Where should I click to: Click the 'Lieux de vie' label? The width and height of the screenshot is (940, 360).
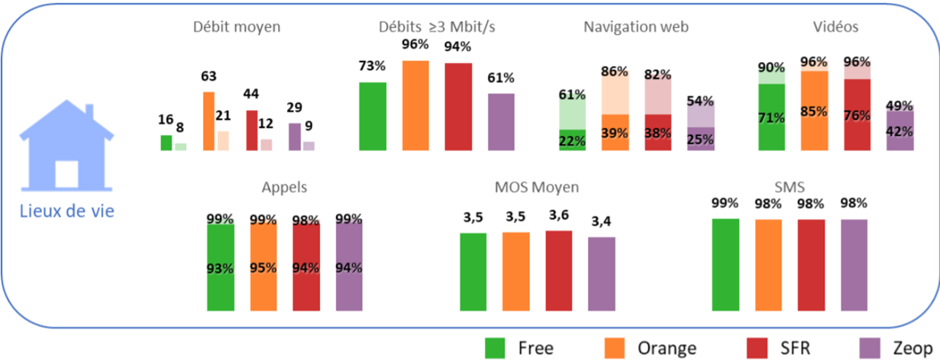pos(67,211)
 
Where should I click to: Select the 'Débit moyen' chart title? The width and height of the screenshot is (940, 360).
pos(236,27)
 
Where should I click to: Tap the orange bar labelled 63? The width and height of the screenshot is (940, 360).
pos(209,121)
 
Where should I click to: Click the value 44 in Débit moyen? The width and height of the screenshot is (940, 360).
pos(251,94)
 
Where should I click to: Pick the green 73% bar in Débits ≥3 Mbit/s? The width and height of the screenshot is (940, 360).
pos(372,116)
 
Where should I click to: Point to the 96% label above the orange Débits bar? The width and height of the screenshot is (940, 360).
pos(415,45)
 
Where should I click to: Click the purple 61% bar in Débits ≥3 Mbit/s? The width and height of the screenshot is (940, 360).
pos(501,122)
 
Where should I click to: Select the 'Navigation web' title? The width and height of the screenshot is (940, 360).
pos(636,27)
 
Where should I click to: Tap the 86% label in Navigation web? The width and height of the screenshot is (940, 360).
pos(614,72)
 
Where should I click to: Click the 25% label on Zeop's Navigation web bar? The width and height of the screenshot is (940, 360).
pos(701,140)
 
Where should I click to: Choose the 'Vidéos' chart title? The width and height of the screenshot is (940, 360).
pos(835,27)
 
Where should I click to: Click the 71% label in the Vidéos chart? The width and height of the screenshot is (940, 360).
pos(772,118)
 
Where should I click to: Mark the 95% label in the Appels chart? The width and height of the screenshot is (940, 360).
pos(263,268)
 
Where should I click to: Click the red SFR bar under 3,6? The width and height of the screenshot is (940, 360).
pos(559,271)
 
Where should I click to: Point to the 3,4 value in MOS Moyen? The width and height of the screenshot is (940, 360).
pos(601,222)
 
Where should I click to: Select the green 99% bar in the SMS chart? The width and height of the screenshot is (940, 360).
pos(725,265)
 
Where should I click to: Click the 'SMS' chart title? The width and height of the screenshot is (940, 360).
pos(789,187)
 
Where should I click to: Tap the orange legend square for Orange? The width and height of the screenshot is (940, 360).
pos(615,348)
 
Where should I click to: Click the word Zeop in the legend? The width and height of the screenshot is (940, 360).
pos(912,348)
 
